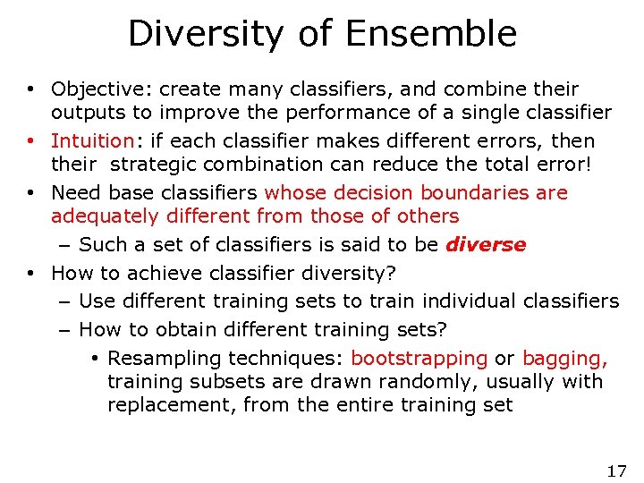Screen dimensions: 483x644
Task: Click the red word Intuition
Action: [x=92, y=141]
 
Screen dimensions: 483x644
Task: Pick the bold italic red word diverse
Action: [x=486, y=245]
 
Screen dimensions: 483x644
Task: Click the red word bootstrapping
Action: [x=419, y=359]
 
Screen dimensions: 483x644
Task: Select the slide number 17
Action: [x=616, y=470]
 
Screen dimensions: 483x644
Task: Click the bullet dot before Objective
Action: [x=30, y=89]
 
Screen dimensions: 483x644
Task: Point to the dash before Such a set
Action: [x=66, y=245]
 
